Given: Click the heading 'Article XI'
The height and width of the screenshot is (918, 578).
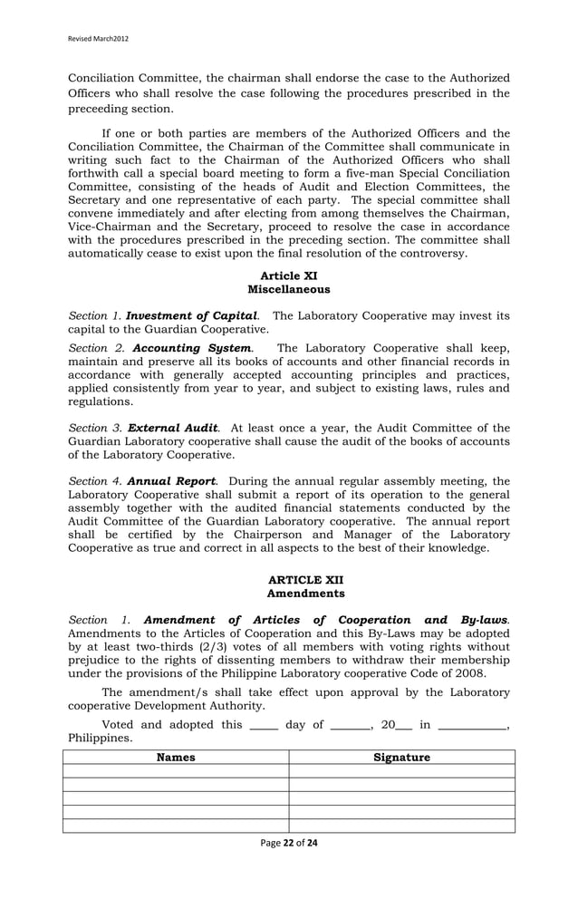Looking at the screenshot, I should click(x=288, y=275).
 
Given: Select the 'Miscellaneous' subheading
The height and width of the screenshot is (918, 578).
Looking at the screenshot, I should click(x=288, y=289).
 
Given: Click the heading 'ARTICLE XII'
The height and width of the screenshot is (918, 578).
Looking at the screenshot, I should click(x=288, y=579).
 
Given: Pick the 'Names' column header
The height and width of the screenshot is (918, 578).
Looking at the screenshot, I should click(x=176, y=758).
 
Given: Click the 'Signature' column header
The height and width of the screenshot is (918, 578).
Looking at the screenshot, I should click(x=401, y=758).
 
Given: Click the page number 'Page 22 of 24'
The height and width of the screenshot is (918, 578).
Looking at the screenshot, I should click(x=288, y=842).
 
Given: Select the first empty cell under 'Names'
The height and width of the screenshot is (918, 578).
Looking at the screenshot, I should click(x=176, y=771).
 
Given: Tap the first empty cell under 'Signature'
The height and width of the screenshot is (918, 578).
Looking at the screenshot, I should click(x=401, y=771).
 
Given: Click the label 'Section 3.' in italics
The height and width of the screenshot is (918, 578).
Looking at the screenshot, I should click(x=96, y=428).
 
